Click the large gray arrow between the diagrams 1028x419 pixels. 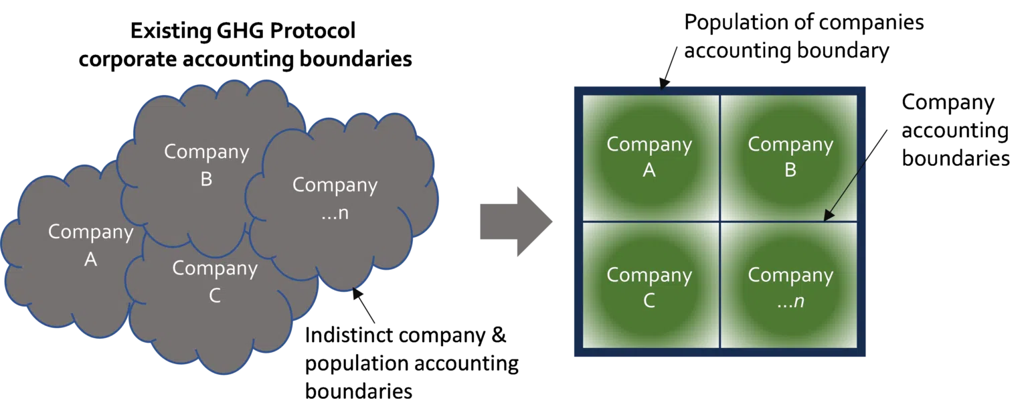click(516, 222)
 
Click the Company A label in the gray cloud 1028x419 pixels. click(91, 246)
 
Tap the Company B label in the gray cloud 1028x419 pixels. click(207, 165)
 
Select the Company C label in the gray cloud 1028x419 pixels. click(215, 282)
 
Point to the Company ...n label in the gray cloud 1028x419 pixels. click(335, 199)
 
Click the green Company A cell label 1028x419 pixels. click(649, 157)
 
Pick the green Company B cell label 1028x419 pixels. click(790, 157)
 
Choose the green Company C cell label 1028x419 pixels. click(649, 288)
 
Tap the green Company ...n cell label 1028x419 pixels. click(790, 288)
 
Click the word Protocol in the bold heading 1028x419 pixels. click(313, 31)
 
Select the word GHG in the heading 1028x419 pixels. click(240, 31)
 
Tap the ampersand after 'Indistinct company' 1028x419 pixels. click(499, 335)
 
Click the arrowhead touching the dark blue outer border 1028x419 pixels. click(663, 84)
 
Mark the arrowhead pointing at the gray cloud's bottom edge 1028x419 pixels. click(357, 293)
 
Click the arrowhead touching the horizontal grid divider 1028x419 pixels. click(828, 216)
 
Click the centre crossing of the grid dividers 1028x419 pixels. click(720, 222)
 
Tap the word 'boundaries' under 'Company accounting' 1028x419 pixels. click(956, 159)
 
